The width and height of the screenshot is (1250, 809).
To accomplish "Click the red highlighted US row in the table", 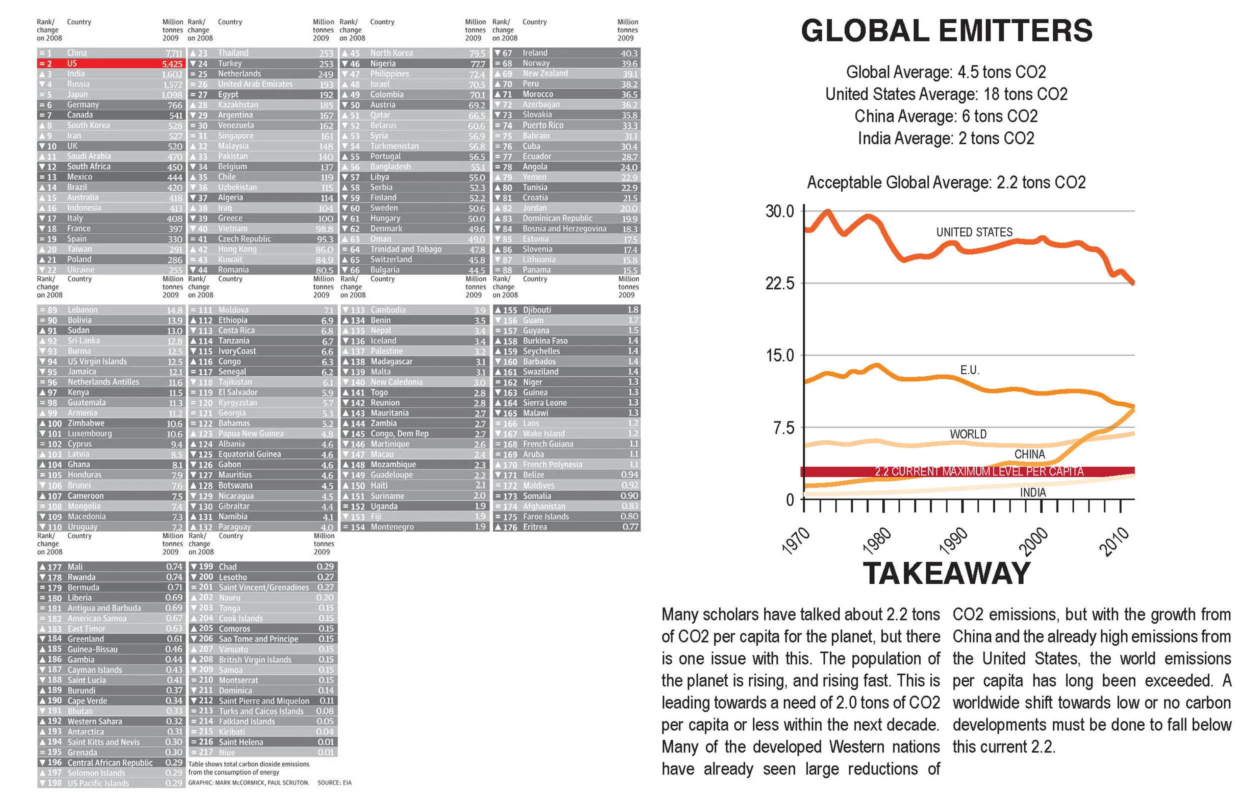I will coord(110,63).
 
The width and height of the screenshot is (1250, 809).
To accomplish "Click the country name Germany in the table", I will coord(83,105).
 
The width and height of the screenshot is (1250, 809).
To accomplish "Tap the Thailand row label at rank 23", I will coord(233,53).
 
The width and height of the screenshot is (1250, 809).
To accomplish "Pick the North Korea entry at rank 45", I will coord(391,53).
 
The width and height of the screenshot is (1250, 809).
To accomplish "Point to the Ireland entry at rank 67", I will coord(534,53).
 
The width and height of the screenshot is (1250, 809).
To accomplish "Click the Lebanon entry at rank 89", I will coord(82,310).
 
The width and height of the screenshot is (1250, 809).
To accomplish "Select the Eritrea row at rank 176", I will coord(534,527).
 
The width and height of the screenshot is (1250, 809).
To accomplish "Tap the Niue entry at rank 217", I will coord(227,752).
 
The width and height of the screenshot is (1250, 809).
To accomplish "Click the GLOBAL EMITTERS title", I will coord(946,30).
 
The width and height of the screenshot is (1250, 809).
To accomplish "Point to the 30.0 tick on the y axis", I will coord(779,211).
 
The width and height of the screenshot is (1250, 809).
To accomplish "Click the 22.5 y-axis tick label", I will coord(779,283).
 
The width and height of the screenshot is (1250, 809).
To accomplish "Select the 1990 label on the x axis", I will coord(953,540).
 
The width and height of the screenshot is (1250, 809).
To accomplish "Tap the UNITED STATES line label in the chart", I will coord(974,232).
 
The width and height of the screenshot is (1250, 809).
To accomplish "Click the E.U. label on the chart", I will coord(969,370).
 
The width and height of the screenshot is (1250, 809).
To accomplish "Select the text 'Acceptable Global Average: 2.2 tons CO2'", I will coord(946,183).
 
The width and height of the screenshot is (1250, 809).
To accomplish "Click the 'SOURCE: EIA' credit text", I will coord(334,782).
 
